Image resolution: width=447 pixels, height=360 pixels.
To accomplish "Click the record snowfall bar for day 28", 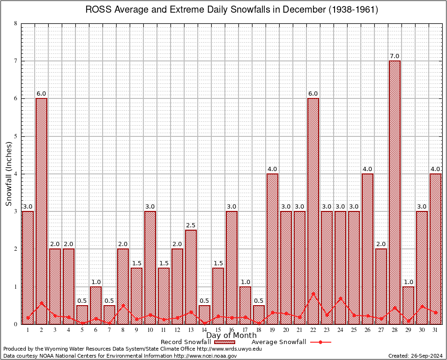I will click(x=395, y=192).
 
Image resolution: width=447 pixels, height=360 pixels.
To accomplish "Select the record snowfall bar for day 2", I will click(x=41, y=211).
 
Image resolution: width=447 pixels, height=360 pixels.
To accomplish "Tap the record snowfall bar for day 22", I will click(x=313, y=211).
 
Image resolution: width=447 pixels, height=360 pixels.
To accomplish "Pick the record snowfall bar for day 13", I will click(x=191, y=277).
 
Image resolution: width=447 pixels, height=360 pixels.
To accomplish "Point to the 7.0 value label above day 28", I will click(x=395, y=56).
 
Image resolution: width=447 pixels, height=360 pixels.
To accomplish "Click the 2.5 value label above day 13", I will click(x=191, y=225).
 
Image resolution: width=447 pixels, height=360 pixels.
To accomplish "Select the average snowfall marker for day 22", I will click(x=313, y=293).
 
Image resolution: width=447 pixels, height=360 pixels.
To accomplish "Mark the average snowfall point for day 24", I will click(x=340, y=298).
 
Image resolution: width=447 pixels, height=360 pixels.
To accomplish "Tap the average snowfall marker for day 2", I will click(x=41, y=303).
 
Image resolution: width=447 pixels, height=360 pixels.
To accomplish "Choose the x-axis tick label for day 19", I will click(x=272, y=330).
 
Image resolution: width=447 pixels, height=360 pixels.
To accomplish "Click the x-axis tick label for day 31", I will click(x=435, y=330).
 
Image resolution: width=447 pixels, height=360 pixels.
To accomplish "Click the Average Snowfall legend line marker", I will click(x=320, y=342).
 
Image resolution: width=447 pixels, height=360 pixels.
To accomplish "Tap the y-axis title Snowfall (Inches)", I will click(x=9, y=174).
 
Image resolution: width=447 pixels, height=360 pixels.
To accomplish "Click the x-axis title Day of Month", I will click(x=231, y=336).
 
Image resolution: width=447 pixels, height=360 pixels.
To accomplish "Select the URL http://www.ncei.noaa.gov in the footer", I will click(x=205, y=356).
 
